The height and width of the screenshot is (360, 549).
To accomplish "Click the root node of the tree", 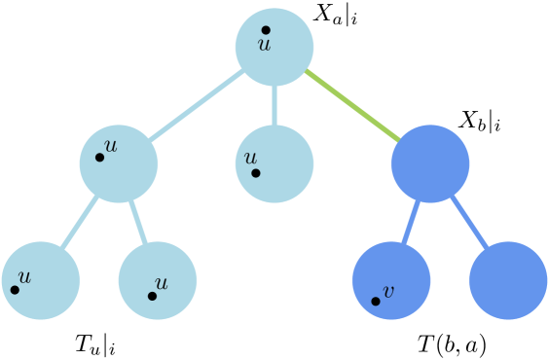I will click(274, 47).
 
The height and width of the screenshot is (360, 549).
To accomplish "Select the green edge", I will click(352, 105).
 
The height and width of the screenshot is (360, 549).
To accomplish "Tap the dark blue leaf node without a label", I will click(507, 280).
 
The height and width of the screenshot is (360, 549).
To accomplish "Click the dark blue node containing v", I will click(391, 280).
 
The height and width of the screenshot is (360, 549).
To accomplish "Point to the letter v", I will click(388, 291).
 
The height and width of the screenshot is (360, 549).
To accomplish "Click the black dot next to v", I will click(376, 301).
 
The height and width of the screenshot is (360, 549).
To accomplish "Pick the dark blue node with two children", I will click(430, 163).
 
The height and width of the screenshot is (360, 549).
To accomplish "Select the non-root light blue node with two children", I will click(119, 163).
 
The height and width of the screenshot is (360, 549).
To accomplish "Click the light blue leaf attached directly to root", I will click(274, 163).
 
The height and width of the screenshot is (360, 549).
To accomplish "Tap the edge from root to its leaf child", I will click(274, 105).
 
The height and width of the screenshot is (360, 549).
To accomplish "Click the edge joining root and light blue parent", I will click(197, 105).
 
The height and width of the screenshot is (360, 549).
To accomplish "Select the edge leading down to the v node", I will click(411, 222).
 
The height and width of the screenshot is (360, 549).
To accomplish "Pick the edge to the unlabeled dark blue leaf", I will click(469, 222).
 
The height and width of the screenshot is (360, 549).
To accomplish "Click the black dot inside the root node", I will click(266, 30).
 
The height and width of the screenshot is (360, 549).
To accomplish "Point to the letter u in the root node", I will click(263, 43).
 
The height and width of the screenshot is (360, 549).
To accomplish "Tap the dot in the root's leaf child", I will click(256, 173).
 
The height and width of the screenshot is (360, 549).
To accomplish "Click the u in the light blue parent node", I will click(110, 146).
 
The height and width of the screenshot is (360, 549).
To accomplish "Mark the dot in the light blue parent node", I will click(99, 157).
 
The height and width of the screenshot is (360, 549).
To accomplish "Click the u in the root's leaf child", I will click(250, 158).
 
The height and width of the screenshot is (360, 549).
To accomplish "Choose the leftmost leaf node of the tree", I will click(41, 280).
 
